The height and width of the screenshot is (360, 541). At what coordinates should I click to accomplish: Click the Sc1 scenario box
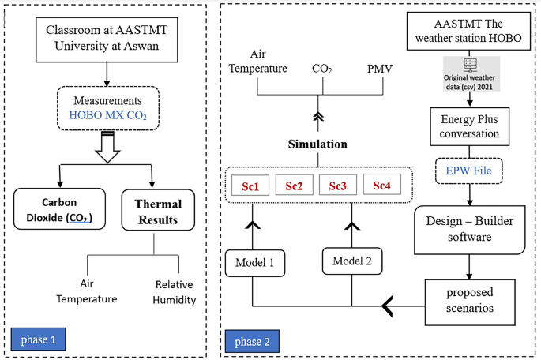pyautogui.click(x=254, y=186)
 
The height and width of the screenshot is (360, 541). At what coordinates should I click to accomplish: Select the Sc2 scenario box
pyautogui.click(x=294, y=186)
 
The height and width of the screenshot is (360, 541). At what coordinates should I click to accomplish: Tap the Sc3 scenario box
pyautogui.click(x=337, y=186)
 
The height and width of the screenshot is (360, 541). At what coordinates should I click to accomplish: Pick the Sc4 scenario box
pyautogui.click(x=381, y=186)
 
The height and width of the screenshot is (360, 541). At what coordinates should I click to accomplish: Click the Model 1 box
pyautogui.click(x=254, y=261)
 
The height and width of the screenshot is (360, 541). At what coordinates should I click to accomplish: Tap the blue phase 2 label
pyautogui.click(x=253, y=341)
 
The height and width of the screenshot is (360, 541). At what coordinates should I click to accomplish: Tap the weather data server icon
pyautogui.click(x=470, y=68)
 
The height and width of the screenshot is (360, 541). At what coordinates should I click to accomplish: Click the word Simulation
pyautogui.click(x=317, y=144)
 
